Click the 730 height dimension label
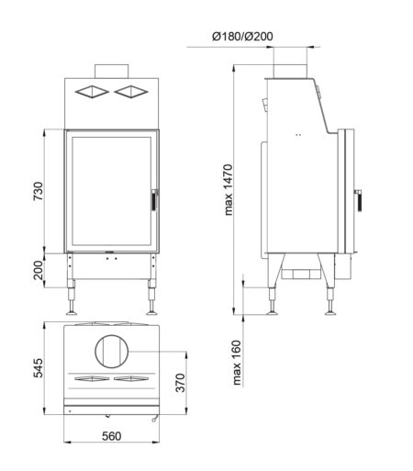pos(39,191)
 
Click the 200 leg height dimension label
pos(39,270)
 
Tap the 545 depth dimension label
pos(39,367)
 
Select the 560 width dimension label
pos(111,436)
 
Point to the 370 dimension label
pos(181,383)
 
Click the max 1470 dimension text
pos(229,190)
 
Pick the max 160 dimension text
pos(237,363)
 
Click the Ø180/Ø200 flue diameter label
pos(242,36)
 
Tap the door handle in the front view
pos(155,200)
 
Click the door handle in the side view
pos(358,200)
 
